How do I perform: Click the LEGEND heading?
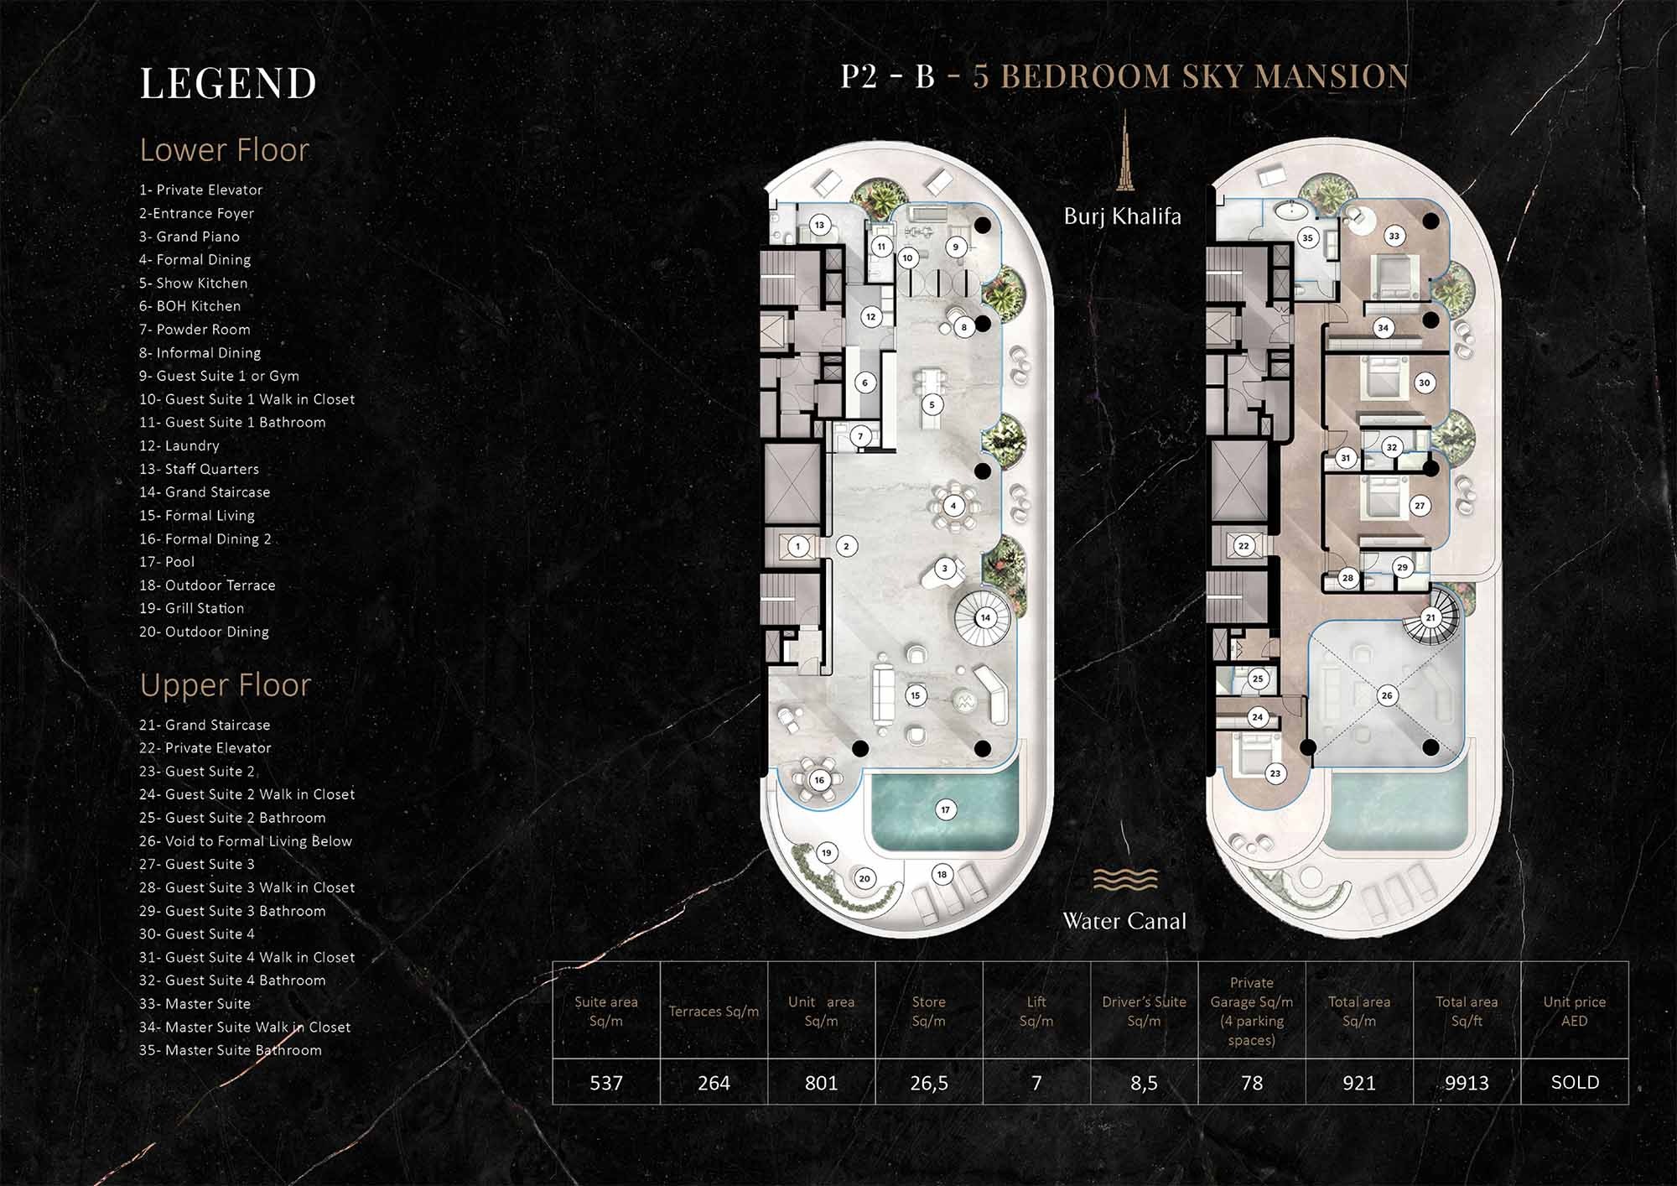pos(228,84)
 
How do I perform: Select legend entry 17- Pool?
pos(167,562)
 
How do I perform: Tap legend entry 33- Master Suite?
pos(195,1003)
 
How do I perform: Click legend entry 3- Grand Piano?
pos(190,237)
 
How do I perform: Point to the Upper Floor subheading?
pos(225,685)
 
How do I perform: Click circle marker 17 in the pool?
pos(945,809)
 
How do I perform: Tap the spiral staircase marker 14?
pos(985,617)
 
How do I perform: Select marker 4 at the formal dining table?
pos(953,506)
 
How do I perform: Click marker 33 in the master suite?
pos(1394,236)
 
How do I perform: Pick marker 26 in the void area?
pos(1387,695)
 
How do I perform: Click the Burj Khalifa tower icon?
pos(1123,151)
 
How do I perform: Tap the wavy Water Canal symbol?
pos(1124,879)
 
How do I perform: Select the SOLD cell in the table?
pos(1574,1082)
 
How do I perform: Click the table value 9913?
pos(1467,1083)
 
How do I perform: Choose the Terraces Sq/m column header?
pos(714,1012)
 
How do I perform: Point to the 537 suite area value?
pos(606,1083)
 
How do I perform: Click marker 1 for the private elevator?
pos(797,546)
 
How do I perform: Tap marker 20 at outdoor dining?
pos(864,878)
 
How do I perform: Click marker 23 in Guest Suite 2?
pos(1275,773)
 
